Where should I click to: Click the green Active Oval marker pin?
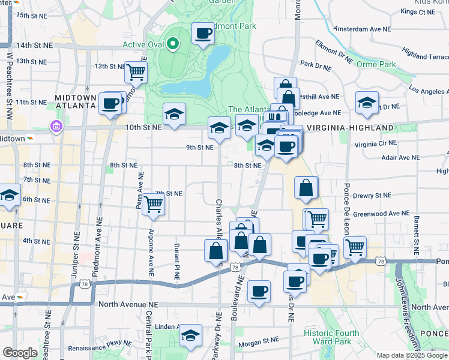(x=173, y=43)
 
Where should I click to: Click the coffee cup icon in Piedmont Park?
(x=203, y=33)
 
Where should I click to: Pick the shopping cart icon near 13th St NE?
(x=136, y=72)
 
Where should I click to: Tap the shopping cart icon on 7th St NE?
(x=154, y=204)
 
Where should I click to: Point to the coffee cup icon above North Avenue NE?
(x=259, y=292)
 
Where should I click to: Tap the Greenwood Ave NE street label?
(x=381, y=213)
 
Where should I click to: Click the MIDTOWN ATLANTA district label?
(x=75, y=101)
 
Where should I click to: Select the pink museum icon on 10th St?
(x=56, y=127)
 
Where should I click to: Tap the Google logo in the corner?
(x=20, y=352)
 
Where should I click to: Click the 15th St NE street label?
(x=31, y=14)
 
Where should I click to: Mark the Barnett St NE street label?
(x=415, y=233)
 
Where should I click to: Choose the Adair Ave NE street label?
(x=400, y=157)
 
